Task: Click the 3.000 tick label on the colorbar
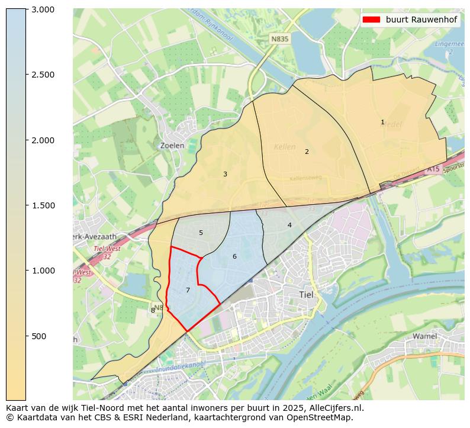43,9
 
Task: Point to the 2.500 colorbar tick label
43,75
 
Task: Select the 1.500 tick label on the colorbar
43,205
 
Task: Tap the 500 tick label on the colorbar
38,336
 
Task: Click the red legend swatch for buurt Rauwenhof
371,20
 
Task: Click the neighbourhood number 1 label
382,123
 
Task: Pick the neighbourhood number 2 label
307,152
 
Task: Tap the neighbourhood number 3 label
225,174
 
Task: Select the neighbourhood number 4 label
289,225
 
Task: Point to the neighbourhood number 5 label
201,233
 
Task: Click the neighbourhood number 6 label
234,256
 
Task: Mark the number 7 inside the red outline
188,290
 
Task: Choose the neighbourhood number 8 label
153,310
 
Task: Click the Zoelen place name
172,145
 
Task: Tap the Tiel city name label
307,294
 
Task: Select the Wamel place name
424,336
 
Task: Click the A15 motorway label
433,169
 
